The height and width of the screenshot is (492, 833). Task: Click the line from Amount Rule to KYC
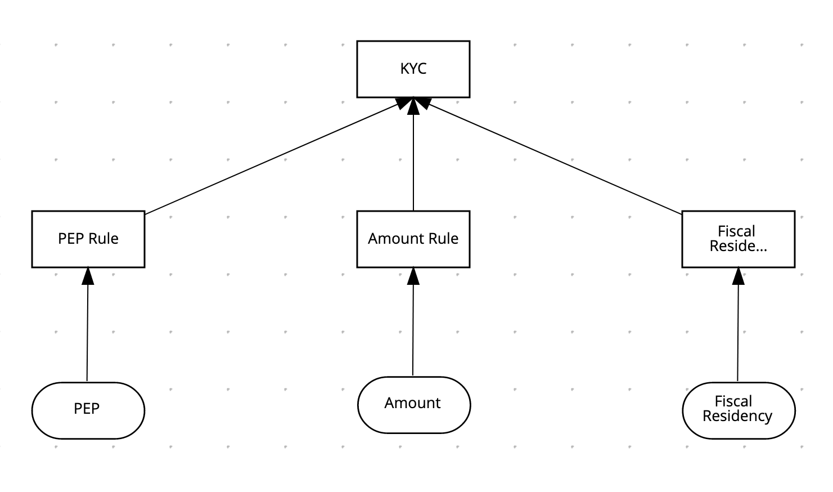coord(413,163)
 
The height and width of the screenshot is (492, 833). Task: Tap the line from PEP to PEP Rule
coord(87,332)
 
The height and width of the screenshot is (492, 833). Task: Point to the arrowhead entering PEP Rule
coord(88,276)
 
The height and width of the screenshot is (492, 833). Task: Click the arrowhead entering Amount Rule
coord(413,276)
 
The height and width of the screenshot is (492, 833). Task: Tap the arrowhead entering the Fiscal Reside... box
coord(739,276)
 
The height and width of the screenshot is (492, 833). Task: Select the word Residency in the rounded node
coord(737,416)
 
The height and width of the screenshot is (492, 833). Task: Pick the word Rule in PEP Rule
coord(103,239)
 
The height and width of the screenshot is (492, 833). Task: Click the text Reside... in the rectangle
coord(738,246)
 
